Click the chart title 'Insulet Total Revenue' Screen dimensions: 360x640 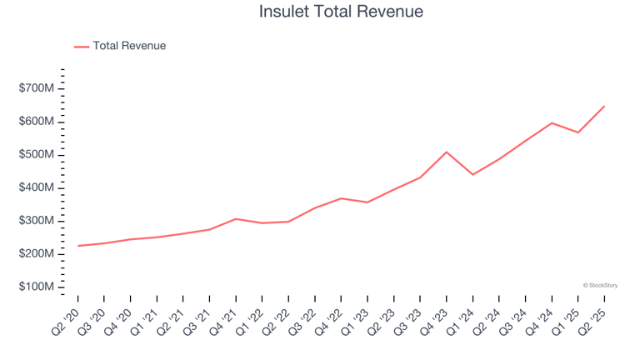point(341,12)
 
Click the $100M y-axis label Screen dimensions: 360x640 point(37,287)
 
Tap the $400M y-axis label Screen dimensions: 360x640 point(37,187)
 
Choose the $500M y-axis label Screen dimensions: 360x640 point(37,155)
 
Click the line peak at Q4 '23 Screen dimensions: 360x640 point(447,152)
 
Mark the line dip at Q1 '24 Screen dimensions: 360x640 point(472,174)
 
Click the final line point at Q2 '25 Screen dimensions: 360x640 point(604,106)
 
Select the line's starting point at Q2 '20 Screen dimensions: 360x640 point(78,246)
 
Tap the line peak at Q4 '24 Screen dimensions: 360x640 point(552,122)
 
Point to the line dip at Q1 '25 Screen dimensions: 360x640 point(577,132)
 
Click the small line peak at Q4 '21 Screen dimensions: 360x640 point(236,218)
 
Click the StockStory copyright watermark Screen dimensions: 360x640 point(600,285)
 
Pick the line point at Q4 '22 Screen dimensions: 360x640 point(341,198)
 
